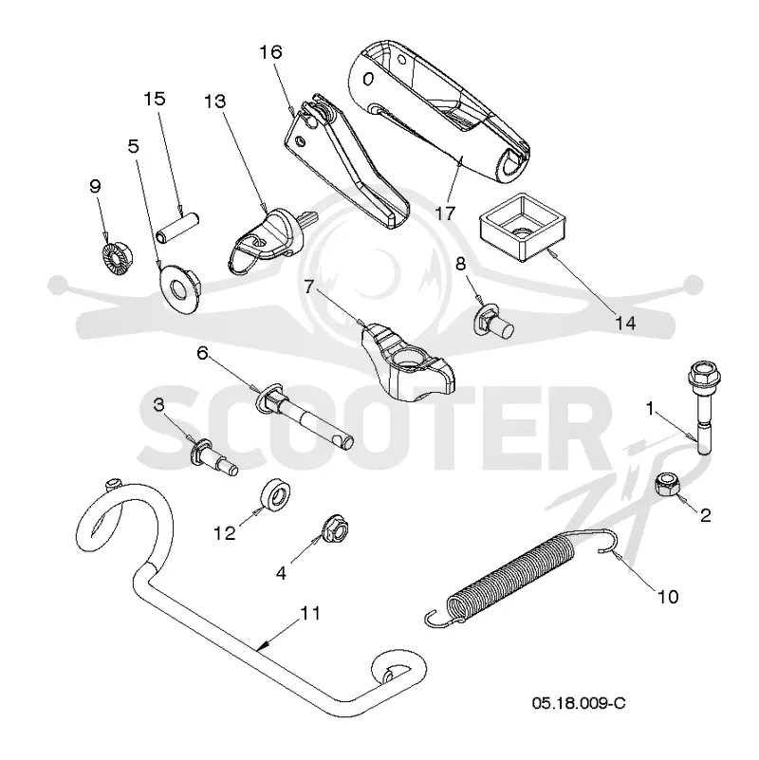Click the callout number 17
point(445,213)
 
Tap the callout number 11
point(310,613)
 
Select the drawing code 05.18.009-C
point(579,702)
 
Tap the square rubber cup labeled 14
point(523,227)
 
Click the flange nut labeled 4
point(334,528)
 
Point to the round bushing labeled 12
point(275,494)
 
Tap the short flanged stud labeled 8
point(493,321)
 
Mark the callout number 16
point(270,52)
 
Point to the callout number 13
point(214,102)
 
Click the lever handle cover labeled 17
point(438,111)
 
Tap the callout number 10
point(667,596)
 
